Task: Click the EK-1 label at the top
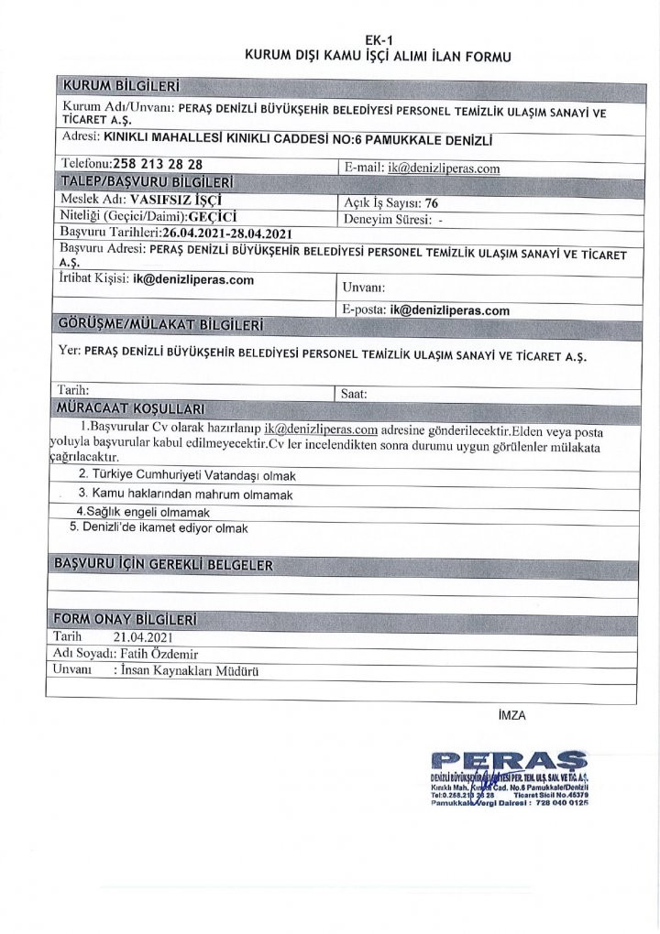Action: click(375, 39)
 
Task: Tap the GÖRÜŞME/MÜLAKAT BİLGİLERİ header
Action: click(160, 326)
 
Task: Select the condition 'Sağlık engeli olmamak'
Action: click(144, 512)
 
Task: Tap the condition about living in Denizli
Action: click(159, 528)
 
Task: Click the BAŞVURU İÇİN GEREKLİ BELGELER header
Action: click(165, 565)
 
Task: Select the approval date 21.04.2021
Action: click(144, 636)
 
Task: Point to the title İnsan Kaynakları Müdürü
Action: click(192, 671)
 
